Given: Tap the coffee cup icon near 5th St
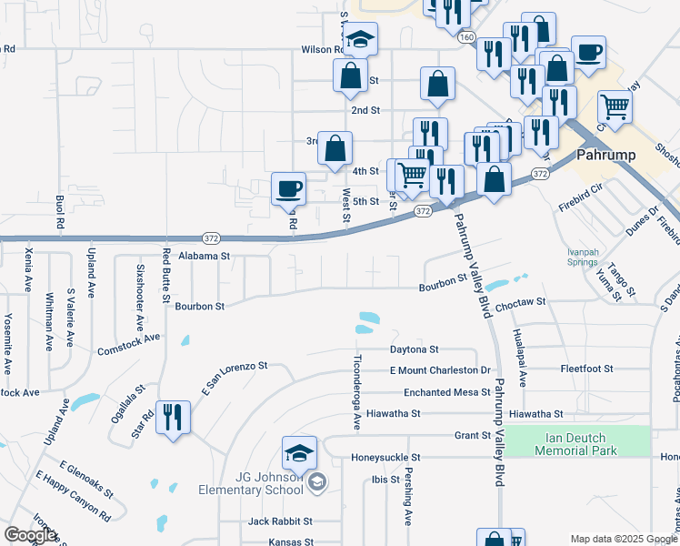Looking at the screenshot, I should (x=289, y=188).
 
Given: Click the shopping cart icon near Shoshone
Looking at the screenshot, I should (x=615, y=107).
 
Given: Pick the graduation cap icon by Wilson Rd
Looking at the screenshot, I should (x=360, y=39).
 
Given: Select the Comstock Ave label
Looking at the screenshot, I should (x=128, y=343).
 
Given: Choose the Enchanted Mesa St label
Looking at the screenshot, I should (x=440, y=392).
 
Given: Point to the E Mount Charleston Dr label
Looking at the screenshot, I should (x=440, y=370).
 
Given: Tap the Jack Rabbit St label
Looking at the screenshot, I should (x=281, y=521).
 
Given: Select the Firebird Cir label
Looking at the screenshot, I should (x=582, y=194).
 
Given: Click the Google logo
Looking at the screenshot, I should (x=30, y=535).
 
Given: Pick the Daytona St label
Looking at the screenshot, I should (x=415, y=349).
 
